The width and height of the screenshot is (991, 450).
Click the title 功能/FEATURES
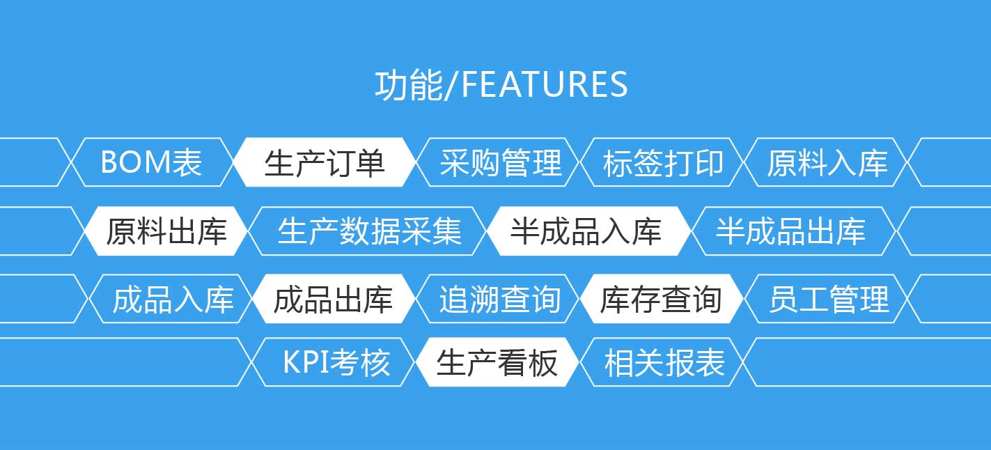(x=501, y=84)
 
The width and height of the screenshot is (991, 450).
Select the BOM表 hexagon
(x=152, y=162)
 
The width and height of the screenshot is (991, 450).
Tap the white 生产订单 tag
(x=325, y=162)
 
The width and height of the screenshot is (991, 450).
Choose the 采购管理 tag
(x=498, y=162)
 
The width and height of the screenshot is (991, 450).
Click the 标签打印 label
(x=662, y=162)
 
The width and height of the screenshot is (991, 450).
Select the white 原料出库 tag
(x=166, y=231)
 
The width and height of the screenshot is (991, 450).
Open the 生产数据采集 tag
(x=368, y=231)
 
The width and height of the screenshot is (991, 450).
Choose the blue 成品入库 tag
(x=171, y=299)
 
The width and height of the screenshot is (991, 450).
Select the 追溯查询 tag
(x=498, y=299)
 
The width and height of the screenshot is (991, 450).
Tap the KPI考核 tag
(x=334, y=362)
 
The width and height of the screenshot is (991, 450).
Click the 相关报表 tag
(x=662, y=362)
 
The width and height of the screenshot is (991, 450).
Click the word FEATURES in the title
(x=544, y=84)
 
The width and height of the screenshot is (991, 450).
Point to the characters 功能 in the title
(x=409, y=84)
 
